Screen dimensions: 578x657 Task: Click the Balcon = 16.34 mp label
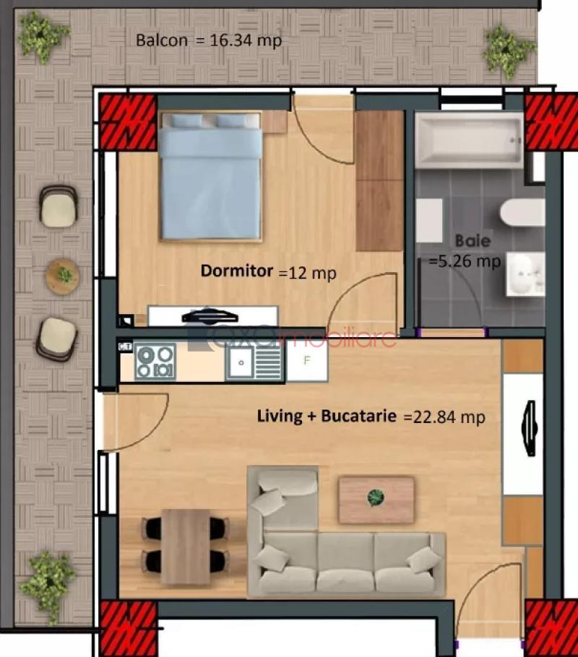point(209,40)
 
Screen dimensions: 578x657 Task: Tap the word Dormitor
point(237,271)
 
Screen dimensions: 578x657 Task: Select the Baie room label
point(473,241)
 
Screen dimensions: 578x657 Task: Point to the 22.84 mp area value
point(449,417)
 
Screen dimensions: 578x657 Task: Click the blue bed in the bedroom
point(210,176)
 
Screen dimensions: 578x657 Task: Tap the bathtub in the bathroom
point(469,139)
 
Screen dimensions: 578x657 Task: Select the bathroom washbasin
point(526,274)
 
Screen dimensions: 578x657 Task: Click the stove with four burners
point(155,362)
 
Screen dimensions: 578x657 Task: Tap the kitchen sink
point(254,362)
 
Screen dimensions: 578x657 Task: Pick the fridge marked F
point(307,361)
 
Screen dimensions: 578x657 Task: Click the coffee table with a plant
point(376,500)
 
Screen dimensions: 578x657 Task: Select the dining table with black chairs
point(186,547)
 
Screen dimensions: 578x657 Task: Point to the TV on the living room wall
point(530,428)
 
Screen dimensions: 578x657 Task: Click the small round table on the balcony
point(63,277)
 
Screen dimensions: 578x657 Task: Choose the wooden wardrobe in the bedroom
point(379,181)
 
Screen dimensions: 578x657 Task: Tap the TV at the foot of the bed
point(210,317)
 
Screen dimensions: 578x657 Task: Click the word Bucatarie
point(358,416)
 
